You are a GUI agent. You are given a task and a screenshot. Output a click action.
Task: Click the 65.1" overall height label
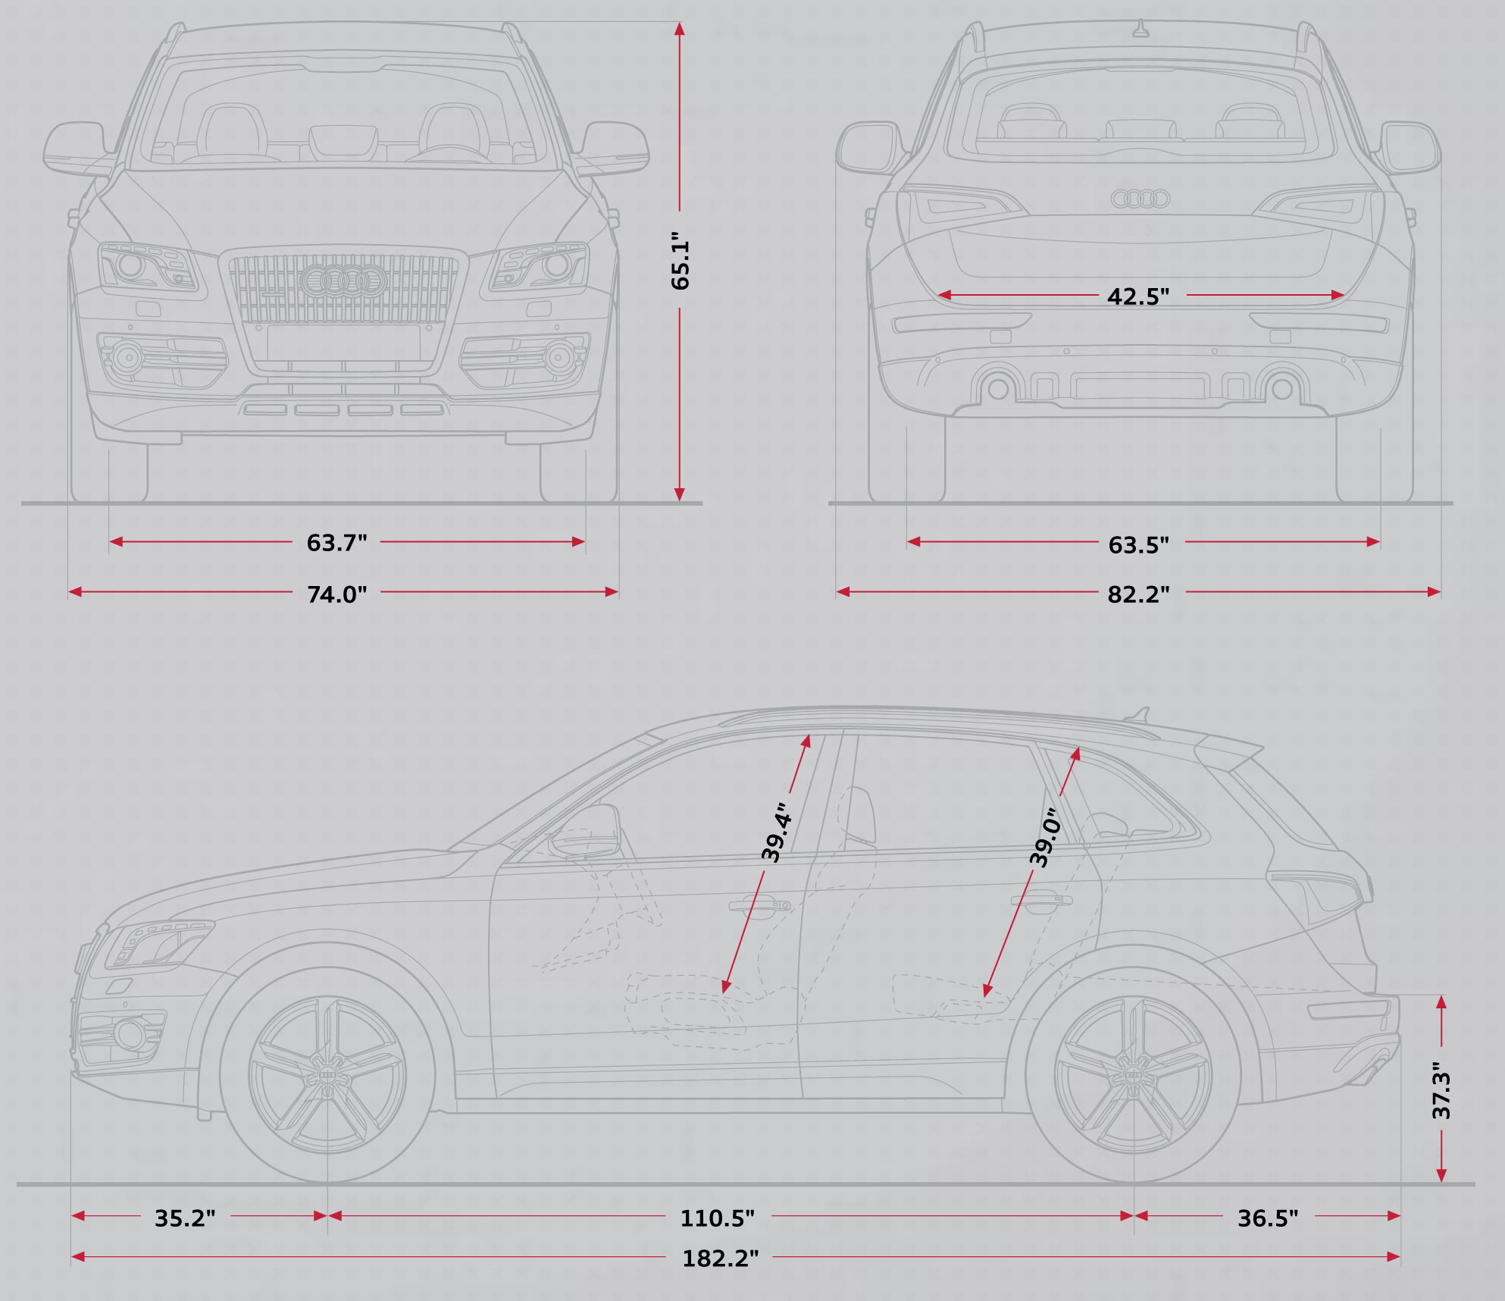click(x=681, y=261)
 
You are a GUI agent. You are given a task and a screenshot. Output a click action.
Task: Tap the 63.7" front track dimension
click(x=336, y=543)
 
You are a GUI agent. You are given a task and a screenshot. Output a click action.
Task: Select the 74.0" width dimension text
click(x=336, y=594)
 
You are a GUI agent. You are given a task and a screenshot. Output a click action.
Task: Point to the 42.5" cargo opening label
click(x=1138, y=296)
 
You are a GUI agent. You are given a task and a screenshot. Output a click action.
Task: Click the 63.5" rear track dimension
click(x=1138, y=545)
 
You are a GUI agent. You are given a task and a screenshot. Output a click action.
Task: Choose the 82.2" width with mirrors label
click(x=1138, y=594)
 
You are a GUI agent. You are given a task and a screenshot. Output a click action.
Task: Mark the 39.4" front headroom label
click(x=777, y=832)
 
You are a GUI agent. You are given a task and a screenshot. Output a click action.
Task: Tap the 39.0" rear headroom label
click(x=1044, y=837)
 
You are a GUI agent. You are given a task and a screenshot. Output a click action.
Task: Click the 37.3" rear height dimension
click(x=1441, y=1090)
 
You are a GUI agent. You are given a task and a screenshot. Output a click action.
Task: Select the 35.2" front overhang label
click(x=185, y=1218)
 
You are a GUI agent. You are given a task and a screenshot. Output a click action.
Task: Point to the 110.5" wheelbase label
click(x=717, y=1218)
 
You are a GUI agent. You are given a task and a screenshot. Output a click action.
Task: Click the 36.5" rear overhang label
click(x=1268, y=1218)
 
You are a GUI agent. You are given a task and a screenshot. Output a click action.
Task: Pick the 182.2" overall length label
click(x=720, y=1259)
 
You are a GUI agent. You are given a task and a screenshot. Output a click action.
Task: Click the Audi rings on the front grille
click(x=343, y=281)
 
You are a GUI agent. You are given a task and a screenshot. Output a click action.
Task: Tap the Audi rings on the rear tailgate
click(x=1140, y=199)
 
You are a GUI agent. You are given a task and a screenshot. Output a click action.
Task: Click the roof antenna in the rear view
click(x=1140, y=28)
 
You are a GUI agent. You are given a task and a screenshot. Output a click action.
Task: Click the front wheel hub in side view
click(x=328, y=1075)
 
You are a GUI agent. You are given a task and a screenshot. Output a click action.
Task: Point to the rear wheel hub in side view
click(x=1134, y=1075)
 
